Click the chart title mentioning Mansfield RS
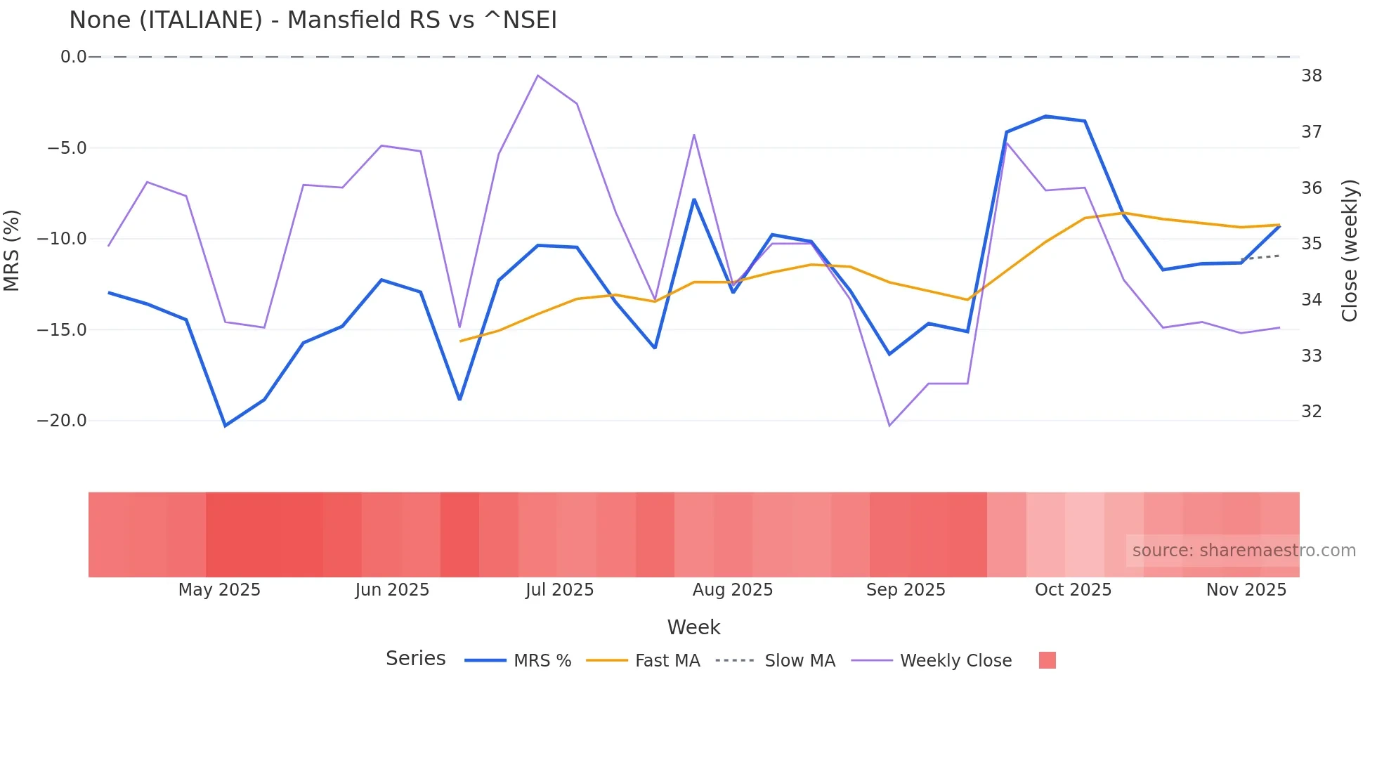[x=313, y=20]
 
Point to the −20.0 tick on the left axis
[x=62, y=421]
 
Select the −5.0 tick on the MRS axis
[x=67, y=148]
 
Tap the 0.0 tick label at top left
[x=73, y=57]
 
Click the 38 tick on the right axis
[x=1311, y=76]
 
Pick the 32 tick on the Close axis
[x=1311, y=412]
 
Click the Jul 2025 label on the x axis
[x=559, y=590]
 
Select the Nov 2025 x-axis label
[x=1246, y=590]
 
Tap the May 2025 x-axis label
[x=219, y=590]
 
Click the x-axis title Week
[x=693, y=627]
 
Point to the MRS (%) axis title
[x=12, y=250]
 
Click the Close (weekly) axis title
[x=1349, y=251]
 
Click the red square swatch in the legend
[x=1047, y=660]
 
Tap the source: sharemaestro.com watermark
[x=1244, y=551]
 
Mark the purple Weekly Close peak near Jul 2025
[x=537, y=75]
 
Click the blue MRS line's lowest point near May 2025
[x=226, y=426]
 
